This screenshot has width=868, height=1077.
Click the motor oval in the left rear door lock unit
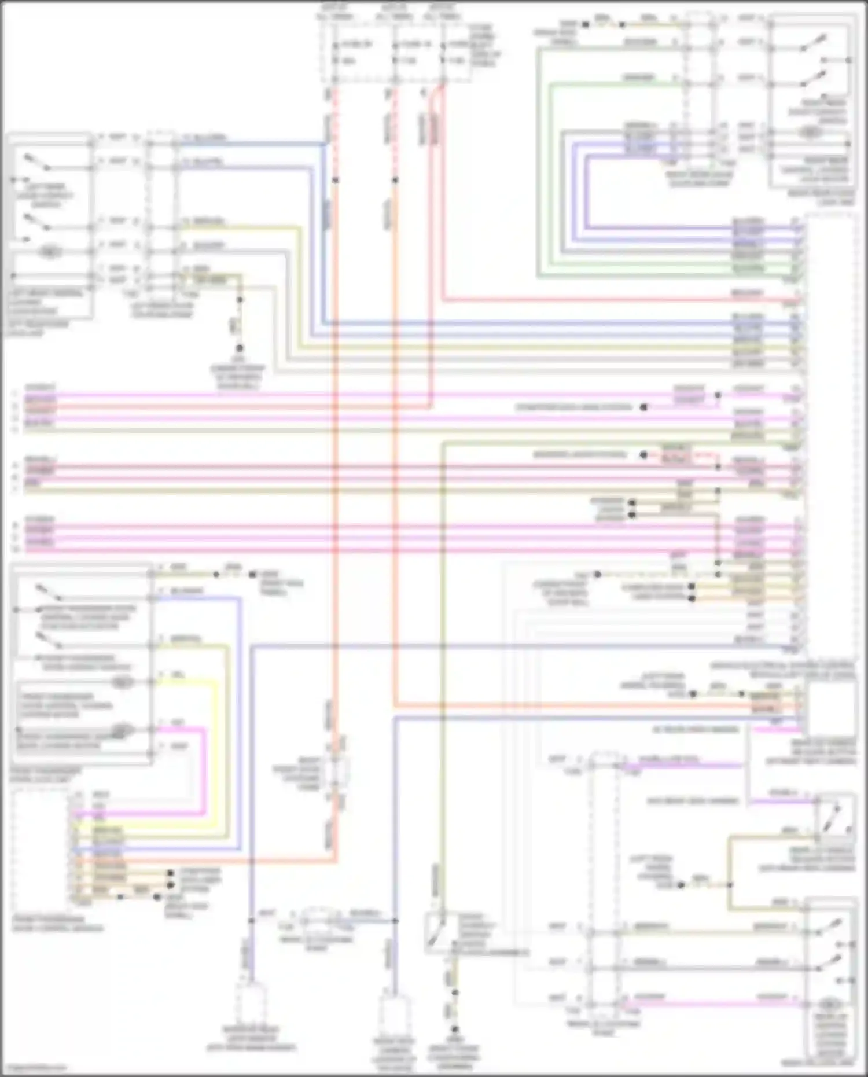(x=50, y=252)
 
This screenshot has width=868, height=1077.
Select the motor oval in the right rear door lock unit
(x=811, y=132)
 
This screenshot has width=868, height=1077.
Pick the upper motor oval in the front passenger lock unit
(x=121, y=682)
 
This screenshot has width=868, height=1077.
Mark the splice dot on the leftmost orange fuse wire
(x=336, y=180)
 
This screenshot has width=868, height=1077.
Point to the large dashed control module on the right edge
(x=830, y=434)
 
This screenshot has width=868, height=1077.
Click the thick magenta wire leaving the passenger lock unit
(x=204, y=770)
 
